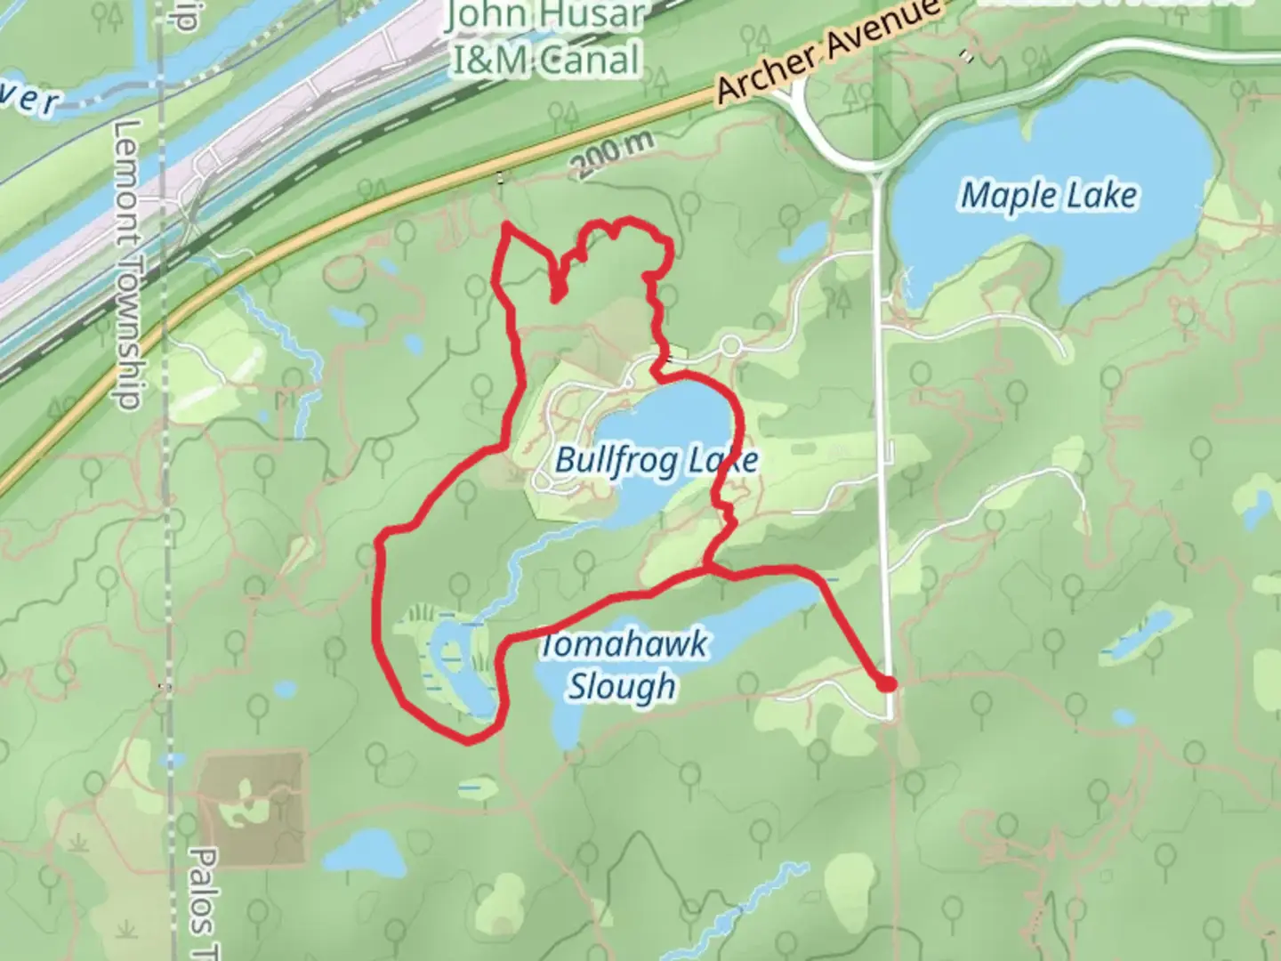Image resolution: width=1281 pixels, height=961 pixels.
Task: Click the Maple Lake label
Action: (x=1049, y=195)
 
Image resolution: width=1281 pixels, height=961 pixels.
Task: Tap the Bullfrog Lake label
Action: (x=657, y=460)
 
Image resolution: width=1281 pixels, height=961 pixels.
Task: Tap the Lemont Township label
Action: (x=127, y=265)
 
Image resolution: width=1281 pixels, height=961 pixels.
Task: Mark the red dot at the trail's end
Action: (x=886, y=684)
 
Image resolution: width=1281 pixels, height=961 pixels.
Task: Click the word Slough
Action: (x=623, y=686)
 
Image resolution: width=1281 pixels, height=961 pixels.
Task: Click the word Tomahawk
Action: (x=624, y=643)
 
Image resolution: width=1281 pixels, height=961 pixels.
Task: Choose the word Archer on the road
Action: (x=767, y=73)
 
